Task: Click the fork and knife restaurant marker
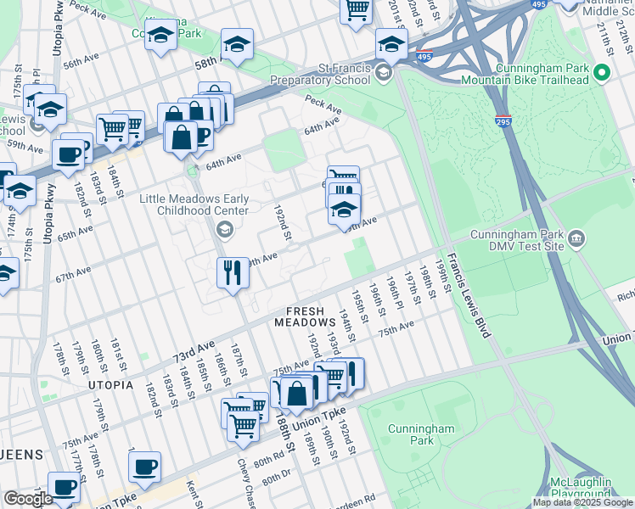point(231,273)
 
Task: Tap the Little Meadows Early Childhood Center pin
point(224,227)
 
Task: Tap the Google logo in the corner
point(28,499)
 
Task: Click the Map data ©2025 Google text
point(582,502)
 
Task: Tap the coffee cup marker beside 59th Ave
point(68,155)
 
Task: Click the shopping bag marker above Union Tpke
point(297,394)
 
